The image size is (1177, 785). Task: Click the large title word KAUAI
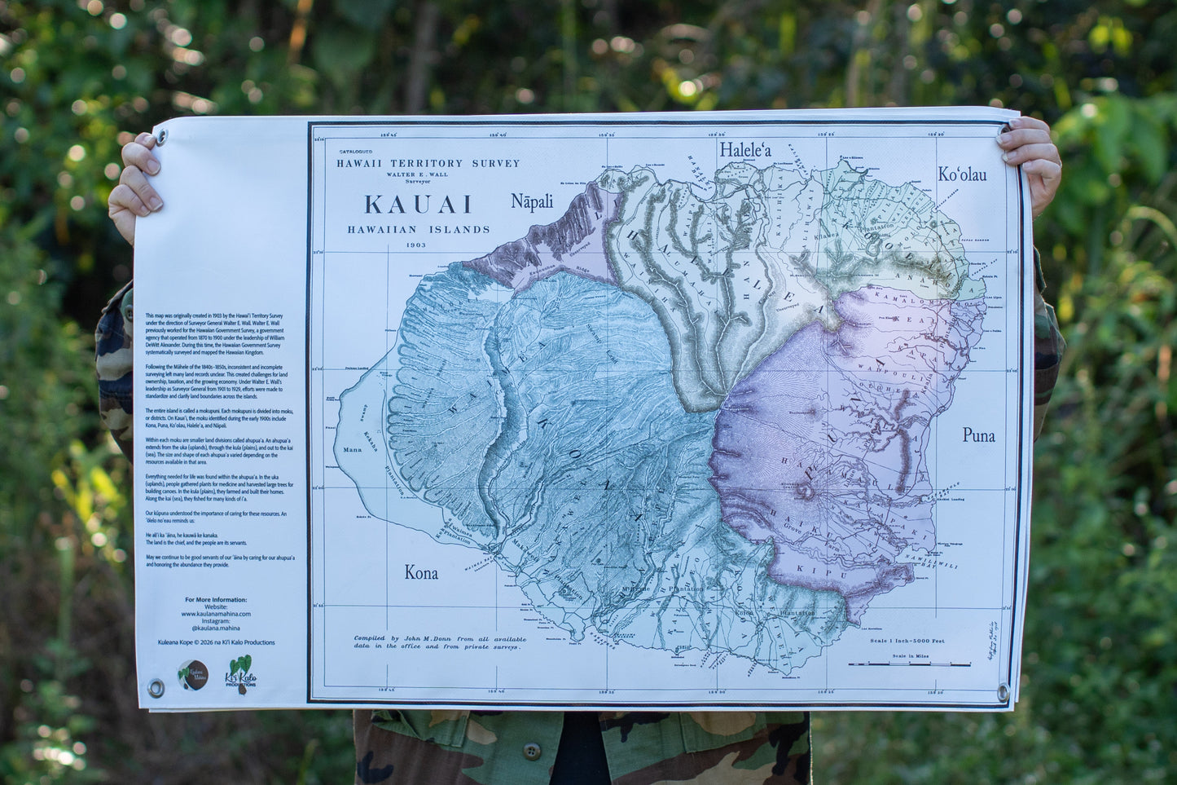click(418, 204)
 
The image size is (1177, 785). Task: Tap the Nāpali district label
click(532, 201)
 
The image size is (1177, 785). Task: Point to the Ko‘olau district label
click(962, 174)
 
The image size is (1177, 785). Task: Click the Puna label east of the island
click(978, 435)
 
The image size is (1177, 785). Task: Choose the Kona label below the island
click(421, 573)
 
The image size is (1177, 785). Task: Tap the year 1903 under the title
click(418, 245)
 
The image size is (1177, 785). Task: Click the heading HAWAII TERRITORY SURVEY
click(428, 163)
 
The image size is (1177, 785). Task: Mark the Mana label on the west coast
click(353, 449)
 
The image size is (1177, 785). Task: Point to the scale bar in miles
click(909, 664)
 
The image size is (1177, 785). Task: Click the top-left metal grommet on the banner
click(160, 137)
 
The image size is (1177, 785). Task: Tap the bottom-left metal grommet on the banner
click(155, 689)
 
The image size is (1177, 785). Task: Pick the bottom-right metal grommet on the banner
click(1003, 692)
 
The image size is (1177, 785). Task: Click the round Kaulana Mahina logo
click(192, 674)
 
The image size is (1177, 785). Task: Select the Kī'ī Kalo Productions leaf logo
click(240, 672)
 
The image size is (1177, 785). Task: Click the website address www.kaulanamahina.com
click(216, 614)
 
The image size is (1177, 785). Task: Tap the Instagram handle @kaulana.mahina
click(215, 628)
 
